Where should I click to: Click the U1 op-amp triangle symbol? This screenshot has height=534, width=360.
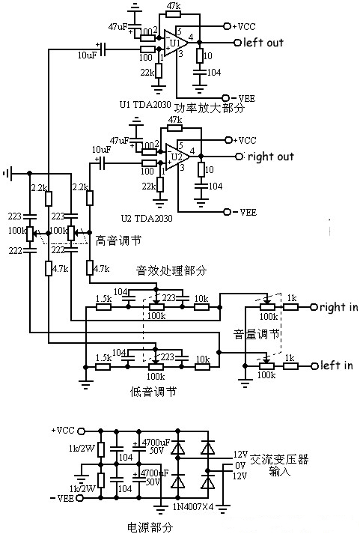(x=174, y=43)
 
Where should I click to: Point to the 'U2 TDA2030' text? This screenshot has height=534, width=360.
(x=147, y=217)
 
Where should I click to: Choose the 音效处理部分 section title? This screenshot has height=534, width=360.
(x=171, y=269)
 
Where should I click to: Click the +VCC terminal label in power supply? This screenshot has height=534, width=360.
(x=63, y=431)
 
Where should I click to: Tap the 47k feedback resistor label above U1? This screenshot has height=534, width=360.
(x=173, y=6)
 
